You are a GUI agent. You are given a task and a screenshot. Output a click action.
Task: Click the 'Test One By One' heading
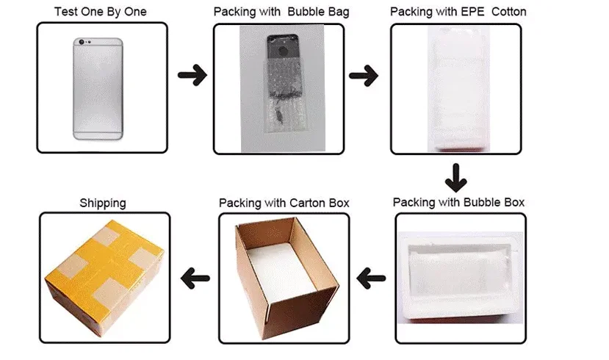point(101,12)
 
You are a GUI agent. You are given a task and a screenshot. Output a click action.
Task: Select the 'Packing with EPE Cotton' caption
point(458,12)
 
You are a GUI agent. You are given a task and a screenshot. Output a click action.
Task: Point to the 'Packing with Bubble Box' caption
point(459,202)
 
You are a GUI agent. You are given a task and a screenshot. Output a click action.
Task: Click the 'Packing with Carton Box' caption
point(284,202)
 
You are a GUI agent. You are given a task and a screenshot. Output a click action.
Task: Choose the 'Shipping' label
point(103,202)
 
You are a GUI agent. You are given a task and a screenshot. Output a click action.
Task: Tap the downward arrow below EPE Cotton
point(456,177)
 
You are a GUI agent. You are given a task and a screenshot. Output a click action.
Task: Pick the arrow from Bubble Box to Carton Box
point(371,278)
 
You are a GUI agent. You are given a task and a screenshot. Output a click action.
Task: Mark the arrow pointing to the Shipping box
point(195,278)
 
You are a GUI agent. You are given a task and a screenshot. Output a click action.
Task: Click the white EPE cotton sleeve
point(458,88)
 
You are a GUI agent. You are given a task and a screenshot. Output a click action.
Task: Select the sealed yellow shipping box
point(104,276)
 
